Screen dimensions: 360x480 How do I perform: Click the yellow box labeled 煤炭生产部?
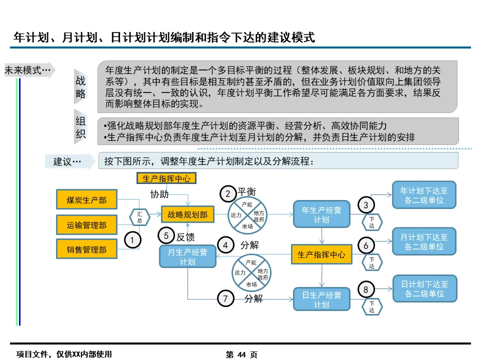click(x=86, y=200)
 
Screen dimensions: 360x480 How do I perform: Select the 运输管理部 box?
click(x=86, y=225)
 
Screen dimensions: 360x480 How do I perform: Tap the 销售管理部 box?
click(x=86, y=249)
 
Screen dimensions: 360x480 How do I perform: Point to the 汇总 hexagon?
click(x=140, y=217)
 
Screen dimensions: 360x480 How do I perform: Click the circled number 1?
click(x=132, y=240)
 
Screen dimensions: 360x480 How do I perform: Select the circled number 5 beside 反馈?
click(x=166, y=235)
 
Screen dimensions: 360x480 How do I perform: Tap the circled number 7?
click(x=225, y=298)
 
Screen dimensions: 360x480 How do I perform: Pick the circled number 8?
click(x=365, y=289)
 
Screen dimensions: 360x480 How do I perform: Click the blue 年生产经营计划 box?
click(x=321, y=214)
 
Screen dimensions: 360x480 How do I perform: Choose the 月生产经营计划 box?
click(x=187, y=257)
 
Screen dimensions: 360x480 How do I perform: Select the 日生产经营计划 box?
click(x=321, y=299)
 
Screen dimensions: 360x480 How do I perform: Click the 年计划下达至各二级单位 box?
click(x=424, y=195)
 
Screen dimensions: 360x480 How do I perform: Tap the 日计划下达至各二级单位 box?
click(x=424, y=288)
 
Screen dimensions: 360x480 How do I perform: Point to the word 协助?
click(x=159, y=194)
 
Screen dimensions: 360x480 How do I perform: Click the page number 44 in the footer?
click(x=242, y=354)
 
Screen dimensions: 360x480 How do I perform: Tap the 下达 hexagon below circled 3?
click(x=371, y=222)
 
